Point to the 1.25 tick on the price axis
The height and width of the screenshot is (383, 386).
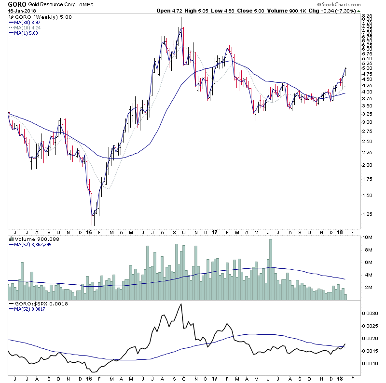pos(368,214)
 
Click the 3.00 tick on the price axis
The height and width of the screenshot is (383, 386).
pos(368,122)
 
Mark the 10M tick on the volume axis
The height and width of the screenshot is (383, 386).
pos(368,238)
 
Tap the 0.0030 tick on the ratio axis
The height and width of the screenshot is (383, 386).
pos(370,313)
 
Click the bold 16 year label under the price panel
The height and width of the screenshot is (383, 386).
pos(89,231)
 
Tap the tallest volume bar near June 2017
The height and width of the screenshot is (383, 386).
pos(271,270)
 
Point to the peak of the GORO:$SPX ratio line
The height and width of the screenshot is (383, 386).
pos(181,304)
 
